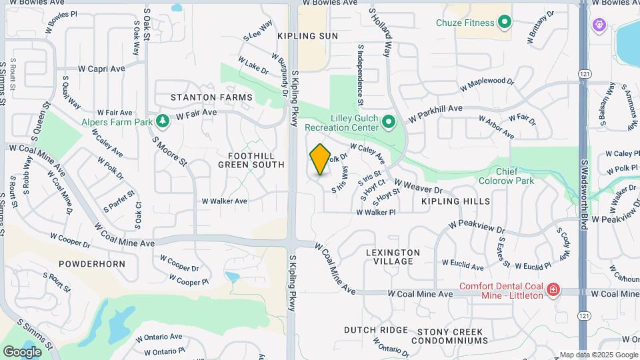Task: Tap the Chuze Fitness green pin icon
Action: [x=505, y=23]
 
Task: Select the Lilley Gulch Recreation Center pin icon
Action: [x=389, y=122]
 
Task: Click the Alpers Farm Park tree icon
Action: [x=162, y=121]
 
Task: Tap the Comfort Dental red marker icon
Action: [x=553, y=289]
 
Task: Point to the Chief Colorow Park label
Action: [x=507, y=175]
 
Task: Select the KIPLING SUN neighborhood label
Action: [x=308, y=36]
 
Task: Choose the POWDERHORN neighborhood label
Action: [x=92, y=264]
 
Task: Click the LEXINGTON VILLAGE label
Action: [x=393, y=257]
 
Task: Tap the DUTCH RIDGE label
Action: [x=375, y=330]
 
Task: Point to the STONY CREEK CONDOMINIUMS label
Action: [x=453, y=336]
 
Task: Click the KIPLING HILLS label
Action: [x=455, y=201]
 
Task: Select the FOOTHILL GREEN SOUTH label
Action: [x=251, y=159]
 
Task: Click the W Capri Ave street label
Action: [x=101, y=69]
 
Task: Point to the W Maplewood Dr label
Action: [x=487, y=85]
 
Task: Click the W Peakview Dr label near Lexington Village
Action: [x=477, y=227]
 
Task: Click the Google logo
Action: [x=23, y=351]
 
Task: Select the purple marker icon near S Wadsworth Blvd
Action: [x=599, y=25]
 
